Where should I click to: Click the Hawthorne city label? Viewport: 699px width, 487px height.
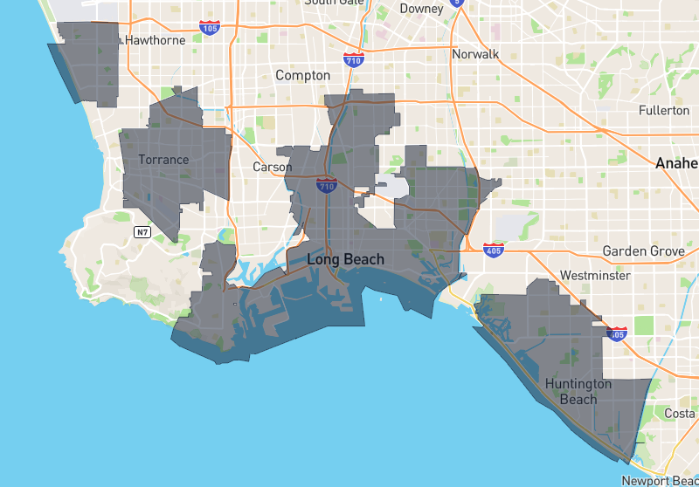click(156, 40)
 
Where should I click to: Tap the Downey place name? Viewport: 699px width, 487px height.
click(421, 9)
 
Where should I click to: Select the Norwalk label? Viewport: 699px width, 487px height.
click(475, 54)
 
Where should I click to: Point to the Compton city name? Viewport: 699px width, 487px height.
click(302, 76)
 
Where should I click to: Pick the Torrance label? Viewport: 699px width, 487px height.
click(163, 160)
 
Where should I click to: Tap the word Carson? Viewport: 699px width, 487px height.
click(272, 167)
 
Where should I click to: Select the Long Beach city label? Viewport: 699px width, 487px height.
click(345, 259)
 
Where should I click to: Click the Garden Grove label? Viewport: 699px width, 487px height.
click(643, 251)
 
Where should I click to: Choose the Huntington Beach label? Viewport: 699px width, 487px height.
click(578, 392)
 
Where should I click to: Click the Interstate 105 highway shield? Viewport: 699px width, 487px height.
click(210, 28)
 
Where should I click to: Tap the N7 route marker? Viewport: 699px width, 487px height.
click(142, 232)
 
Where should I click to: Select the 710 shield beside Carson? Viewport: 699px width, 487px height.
click(327, 185)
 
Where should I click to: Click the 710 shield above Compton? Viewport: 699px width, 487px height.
click(354, 59)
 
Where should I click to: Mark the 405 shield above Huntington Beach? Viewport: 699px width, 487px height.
click(617, 333)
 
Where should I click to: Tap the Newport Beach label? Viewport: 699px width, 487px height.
click(660, 481)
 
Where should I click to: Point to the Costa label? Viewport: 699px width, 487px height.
click(680, 413)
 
